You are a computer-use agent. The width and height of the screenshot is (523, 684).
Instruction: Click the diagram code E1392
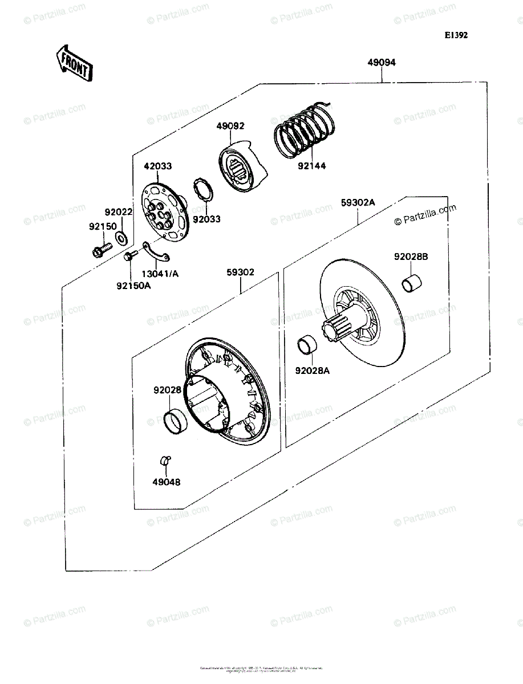pos(456,35)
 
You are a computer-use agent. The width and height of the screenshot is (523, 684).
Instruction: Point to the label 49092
pos(230,126)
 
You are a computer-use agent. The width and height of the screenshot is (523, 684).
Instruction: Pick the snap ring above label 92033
pos(204,189)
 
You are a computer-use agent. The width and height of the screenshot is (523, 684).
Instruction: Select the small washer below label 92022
pos(121,237)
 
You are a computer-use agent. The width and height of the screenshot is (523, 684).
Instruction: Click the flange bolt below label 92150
pos(102,250)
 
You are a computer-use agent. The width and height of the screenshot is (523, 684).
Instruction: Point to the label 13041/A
pos(160,274)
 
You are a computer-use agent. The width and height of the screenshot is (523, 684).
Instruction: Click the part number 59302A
pos(358,202)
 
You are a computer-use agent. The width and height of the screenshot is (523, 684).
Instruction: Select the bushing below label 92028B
pos(413,283)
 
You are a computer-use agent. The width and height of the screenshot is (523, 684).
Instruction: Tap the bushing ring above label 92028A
pos(307,345)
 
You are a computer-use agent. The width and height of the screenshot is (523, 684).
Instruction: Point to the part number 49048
pos(167,482)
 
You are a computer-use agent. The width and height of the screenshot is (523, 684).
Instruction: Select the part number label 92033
pos(206,219)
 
